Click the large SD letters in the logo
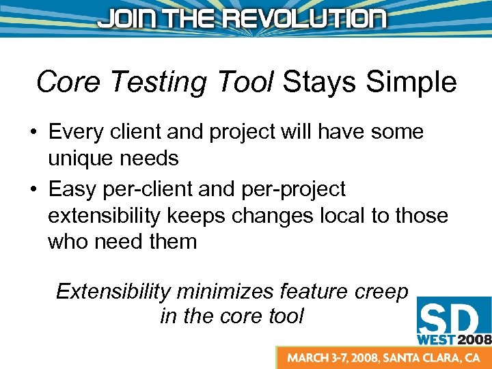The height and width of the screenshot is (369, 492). (452, 318)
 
